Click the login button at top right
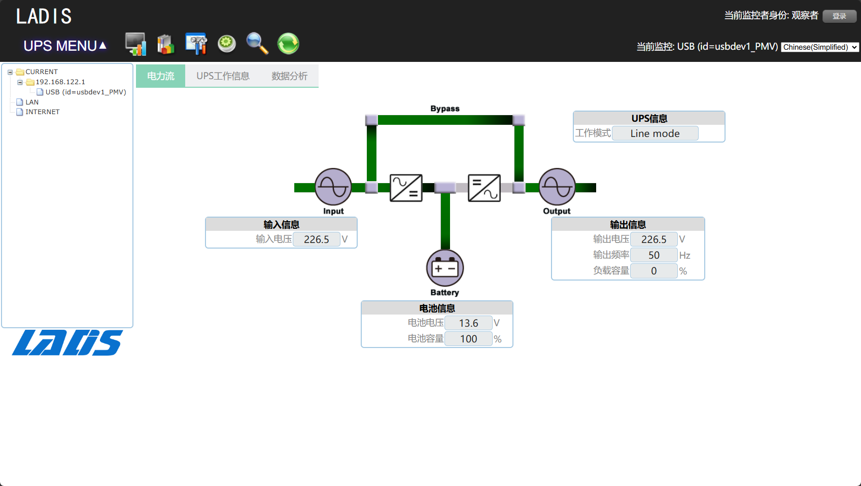[839, 16]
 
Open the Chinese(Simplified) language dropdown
[819, 47]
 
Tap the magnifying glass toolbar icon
[257, 44]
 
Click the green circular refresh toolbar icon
[288, 44]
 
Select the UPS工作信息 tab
[223, 76]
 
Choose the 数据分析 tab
[289, 76]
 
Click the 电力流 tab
[160, 76]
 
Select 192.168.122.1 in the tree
[60, 82]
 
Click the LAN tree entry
[32, 102]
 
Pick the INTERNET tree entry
[42, 112]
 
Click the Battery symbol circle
[445, 268]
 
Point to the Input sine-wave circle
[333, 187]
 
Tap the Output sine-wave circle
[557, 187]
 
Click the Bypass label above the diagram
[445, 109]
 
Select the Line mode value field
[655, 133]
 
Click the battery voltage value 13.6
[468, 323]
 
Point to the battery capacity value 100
[468, 339]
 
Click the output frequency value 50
[653, 255]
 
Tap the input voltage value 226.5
[316, 239]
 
